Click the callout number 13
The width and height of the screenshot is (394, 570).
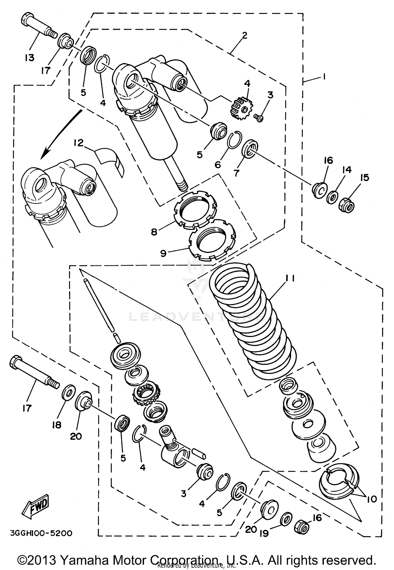coord(29,58)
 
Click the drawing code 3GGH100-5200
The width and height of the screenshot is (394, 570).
coord(41,533)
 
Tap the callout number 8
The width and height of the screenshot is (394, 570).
coord(154,232)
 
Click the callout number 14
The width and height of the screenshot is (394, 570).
coord(347,170)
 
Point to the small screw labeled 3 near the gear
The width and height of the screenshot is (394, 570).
coord(259,118)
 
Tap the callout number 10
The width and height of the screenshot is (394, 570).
coord(372,498)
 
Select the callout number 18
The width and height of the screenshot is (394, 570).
coord(57,425)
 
